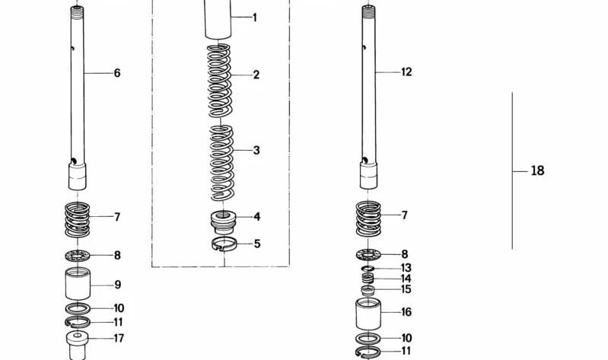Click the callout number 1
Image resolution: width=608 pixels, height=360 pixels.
point(255,18)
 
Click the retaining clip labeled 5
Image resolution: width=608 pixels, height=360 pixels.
point(224,244)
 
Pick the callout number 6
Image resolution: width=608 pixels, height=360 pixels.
point(117,74)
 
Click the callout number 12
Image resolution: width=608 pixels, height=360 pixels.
point(406,72)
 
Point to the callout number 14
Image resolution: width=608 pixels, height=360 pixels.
point(406,279)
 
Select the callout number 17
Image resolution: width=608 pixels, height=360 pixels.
point(119,339)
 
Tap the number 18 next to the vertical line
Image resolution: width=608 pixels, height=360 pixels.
point(537,171)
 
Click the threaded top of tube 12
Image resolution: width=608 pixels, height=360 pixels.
point(369,11)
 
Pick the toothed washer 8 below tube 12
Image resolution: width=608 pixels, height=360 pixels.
point(368,254)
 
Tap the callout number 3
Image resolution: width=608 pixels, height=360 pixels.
point(256,151)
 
